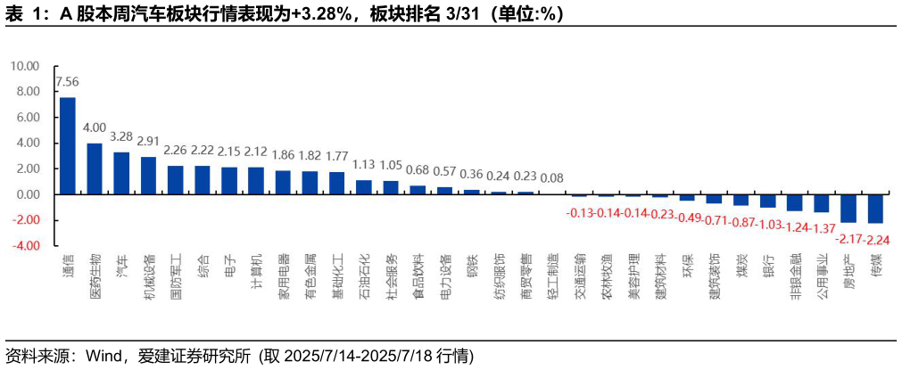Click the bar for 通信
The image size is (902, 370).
point(67,145)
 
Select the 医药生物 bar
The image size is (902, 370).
point(94,169)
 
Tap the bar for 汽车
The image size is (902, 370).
point(120,173)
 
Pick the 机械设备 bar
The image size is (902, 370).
point(148,176)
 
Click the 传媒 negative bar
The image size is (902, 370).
point(875,209)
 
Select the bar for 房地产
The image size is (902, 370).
point(848,208)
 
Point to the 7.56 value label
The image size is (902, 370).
point(67,83)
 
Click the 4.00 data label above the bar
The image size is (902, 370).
point(95,127)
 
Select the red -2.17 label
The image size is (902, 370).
point(848,238)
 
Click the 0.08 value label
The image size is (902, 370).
point(552,177)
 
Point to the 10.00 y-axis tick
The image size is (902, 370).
point(26,66)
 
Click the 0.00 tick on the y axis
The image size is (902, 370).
point(29,193)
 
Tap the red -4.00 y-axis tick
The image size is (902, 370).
point(27,245)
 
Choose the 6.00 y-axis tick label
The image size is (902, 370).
point(29,117)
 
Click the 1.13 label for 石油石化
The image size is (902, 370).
point(364,164)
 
